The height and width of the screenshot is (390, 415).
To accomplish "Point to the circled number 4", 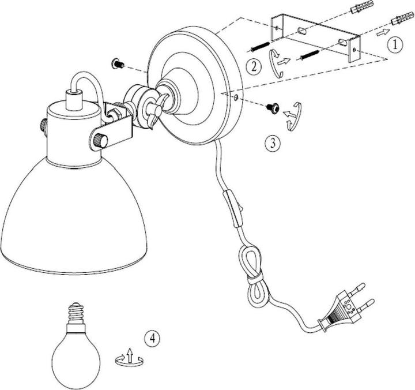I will coord(152,337).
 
